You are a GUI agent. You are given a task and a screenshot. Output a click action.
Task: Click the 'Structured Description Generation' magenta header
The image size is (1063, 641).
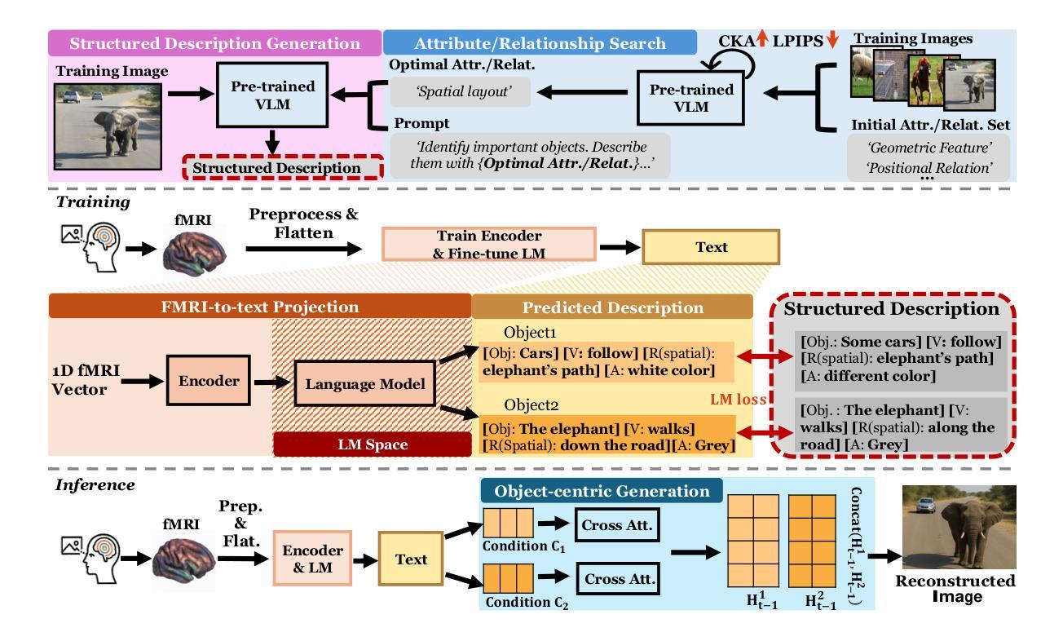pos(214,44)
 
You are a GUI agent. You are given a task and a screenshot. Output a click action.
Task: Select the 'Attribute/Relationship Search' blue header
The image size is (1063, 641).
pos(539,44)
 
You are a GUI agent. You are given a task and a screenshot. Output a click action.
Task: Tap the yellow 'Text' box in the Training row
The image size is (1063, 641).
pos(710,245)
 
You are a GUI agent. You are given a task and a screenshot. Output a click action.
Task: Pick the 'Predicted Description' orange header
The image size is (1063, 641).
pos(611,307)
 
